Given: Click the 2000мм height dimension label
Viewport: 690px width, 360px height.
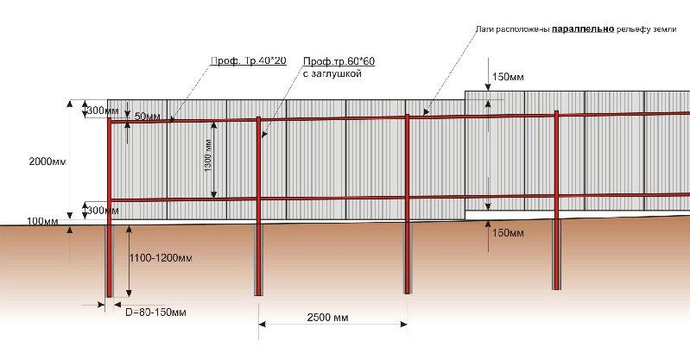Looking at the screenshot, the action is (x=47, y=161).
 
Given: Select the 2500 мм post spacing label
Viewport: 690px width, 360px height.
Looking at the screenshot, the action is (x=327, y=318).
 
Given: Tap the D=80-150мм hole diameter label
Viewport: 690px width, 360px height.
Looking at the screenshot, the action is (x=155, y=313).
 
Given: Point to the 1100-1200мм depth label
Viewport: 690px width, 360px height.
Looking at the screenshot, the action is (x=161, y=258).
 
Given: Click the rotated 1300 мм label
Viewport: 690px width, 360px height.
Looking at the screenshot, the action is (x=208, y=155).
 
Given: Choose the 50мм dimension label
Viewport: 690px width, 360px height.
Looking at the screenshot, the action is (x=148, y=117).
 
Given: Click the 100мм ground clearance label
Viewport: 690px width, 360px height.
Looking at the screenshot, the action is (x=42, y=221).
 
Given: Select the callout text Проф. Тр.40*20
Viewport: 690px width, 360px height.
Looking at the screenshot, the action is (x=249, y=61).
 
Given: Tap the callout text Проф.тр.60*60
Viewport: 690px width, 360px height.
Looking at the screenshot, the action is (x=339, y=61).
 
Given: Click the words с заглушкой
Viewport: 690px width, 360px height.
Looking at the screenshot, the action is (x=332, y=73).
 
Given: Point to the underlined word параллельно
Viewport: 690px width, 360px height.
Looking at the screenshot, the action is (x=583, y=29).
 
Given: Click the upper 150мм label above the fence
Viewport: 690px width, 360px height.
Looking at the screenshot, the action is (x=508, y=77).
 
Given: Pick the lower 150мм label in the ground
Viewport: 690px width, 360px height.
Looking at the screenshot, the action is (x=508, y=233).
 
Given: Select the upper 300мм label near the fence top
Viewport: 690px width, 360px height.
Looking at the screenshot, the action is (x=103, y=111).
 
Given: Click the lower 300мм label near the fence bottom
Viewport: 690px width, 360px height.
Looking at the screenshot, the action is (x=103, y=211).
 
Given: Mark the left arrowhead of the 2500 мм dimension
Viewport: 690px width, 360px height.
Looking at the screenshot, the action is (x=263, y=325).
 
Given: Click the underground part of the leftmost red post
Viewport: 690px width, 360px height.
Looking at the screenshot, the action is (x=109, y=262).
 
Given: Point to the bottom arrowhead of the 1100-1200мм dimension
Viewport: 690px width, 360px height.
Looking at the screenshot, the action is (x=129, y=294).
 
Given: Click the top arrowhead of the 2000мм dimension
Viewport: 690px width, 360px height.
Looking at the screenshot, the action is (x=70, y=104).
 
